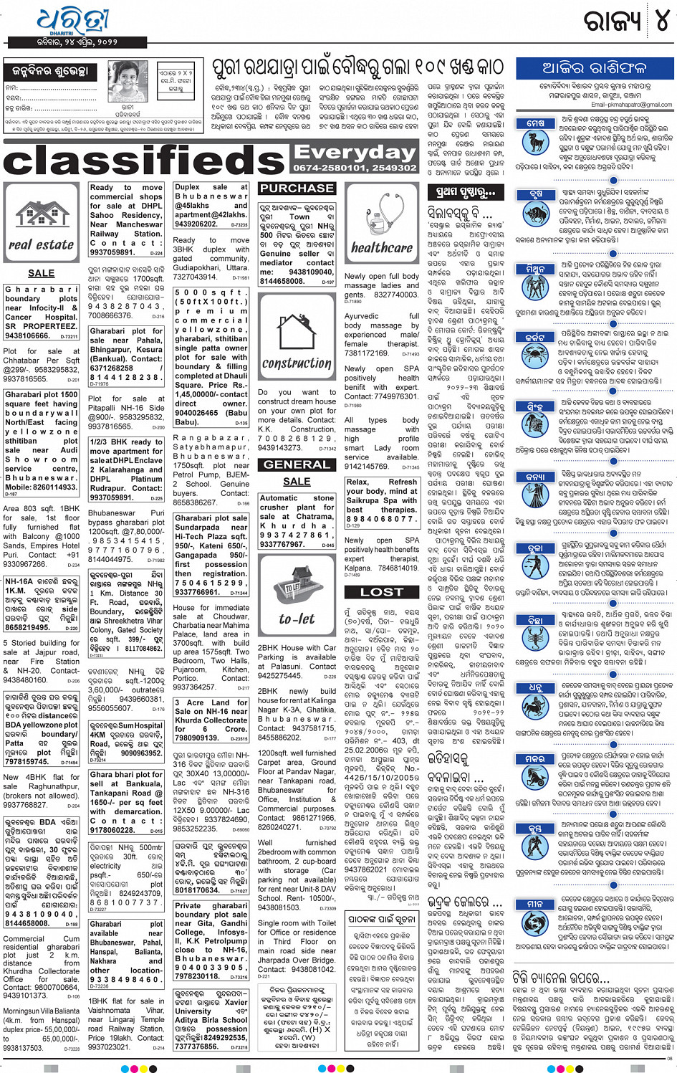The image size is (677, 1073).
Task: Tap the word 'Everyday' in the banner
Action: click(x=355, y=153)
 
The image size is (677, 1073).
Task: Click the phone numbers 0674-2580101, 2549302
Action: click(x=355, y=168)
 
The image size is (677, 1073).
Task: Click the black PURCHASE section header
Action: click(x=297, y=189)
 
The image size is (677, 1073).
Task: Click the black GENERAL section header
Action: click(x=297, y=464)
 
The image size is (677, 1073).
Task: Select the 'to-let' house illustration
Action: click(x=297, y=586)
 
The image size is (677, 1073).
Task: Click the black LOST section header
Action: click(x=382, y=592)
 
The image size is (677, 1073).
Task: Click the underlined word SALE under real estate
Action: click(x=42, y=273)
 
